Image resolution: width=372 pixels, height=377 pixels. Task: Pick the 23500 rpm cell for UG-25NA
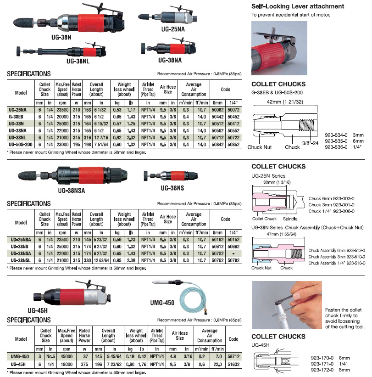(x=62, y=110)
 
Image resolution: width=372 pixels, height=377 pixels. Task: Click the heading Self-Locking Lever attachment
(x=298, y=6)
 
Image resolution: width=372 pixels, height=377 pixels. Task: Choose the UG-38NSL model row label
(x=18, y=260)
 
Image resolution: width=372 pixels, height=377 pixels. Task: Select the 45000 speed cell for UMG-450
(x=67, y=355)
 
